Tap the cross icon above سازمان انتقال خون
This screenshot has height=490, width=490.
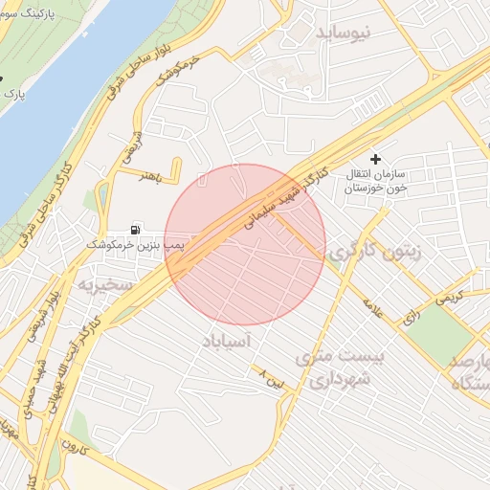click(x=375, y=158)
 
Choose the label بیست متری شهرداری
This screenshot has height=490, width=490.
click(x=342, y=368)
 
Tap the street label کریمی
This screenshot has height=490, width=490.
click(x=454, y=298)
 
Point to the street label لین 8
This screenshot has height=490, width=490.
click(x=273, y=381)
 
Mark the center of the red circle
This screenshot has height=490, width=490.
click(x=245, y=244)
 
